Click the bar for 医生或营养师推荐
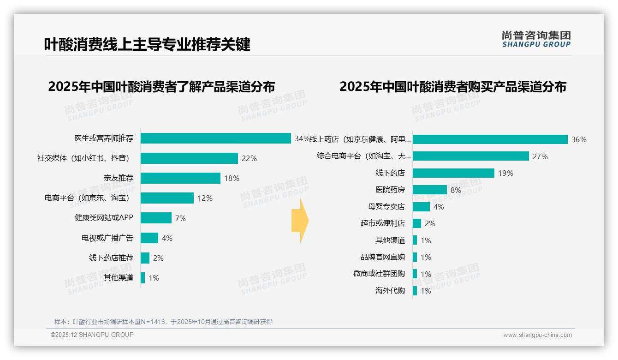coord(215,138)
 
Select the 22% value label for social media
coord(249,158)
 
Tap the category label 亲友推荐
coord(118,178)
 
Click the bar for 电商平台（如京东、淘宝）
coord(167,198)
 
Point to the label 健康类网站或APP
coord(104,218)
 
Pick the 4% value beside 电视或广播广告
coord(167,238)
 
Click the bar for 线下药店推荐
coord(145,258)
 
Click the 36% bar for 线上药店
coord(490,139)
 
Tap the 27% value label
coord(540,156)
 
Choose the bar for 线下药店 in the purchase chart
coord(453,173)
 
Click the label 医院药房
coord(390,190)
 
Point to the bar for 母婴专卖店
coord(421,207)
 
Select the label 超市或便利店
coord(382,223)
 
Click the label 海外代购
coord(390,291)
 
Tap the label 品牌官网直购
coord(382,257)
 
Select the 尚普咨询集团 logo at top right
coord(536,39)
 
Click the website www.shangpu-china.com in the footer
coord(537,335)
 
